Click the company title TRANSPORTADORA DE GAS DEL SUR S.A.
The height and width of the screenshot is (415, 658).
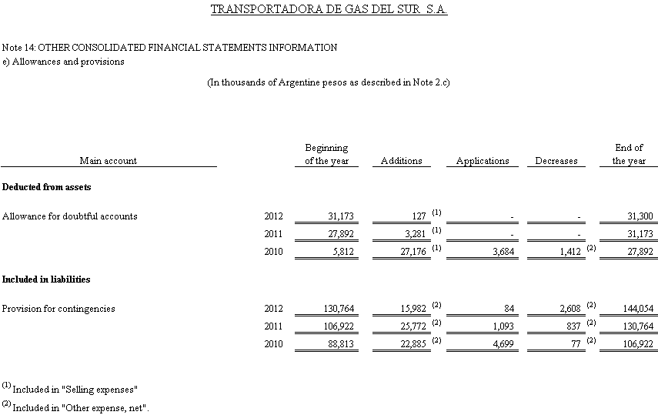[329, 10]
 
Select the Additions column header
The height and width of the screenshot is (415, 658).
[401, 161]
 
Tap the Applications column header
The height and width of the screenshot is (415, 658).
[483, 161]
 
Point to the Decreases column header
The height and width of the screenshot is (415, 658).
[556, 161]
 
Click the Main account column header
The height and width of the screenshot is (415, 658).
[108, 161]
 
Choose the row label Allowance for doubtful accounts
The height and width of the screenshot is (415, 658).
[70, 216]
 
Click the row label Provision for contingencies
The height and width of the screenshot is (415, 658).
[58, 309]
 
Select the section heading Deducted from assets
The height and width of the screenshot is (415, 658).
[47, 187]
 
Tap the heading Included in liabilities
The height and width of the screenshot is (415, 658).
[46, 279]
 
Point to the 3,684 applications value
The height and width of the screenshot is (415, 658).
[502, 252]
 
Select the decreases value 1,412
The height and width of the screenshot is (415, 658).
[568, 252]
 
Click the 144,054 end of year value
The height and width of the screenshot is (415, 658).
[637, 309]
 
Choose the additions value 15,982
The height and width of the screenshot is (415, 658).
[407, 309]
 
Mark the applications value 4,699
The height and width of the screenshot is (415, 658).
[502, 344]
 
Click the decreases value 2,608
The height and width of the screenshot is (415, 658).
[568, 309]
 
